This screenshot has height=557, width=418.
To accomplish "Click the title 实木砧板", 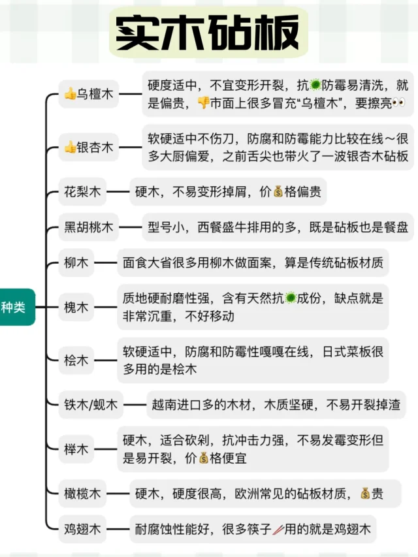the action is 208,32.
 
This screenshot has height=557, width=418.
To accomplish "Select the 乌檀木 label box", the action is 88,95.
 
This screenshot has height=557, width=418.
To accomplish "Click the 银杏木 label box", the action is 88,148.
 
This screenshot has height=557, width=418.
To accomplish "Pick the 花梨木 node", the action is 82,192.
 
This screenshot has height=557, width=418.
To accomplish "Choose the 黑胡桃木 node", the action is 88,228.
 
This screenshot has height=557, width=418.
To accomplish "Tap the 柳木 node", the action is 73,264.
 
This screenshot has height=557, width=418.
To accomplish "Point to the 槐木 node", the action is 76,307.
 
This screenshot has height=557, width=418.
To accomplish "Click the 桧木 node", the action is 76,360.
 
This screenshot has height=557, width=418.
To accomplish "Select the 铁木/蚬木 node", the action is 90,405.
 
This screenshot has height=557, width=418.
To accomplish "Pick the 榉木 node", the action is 76,450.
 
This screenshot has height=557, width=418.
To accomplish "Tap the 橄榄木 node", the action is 82,494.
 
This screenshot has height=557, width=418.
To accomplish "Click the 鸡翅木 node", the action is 82,530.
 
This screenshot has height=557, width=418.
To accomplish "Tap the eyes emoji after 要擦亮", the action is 398,103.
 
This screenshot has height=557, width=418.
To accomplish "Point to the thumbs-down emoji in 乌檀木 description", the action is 203,103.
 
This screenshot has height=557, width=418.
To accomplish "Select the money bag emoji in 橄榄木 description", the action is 364,494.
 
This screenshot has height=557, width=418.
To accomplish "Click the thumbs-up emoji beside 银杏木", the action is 70,148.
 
